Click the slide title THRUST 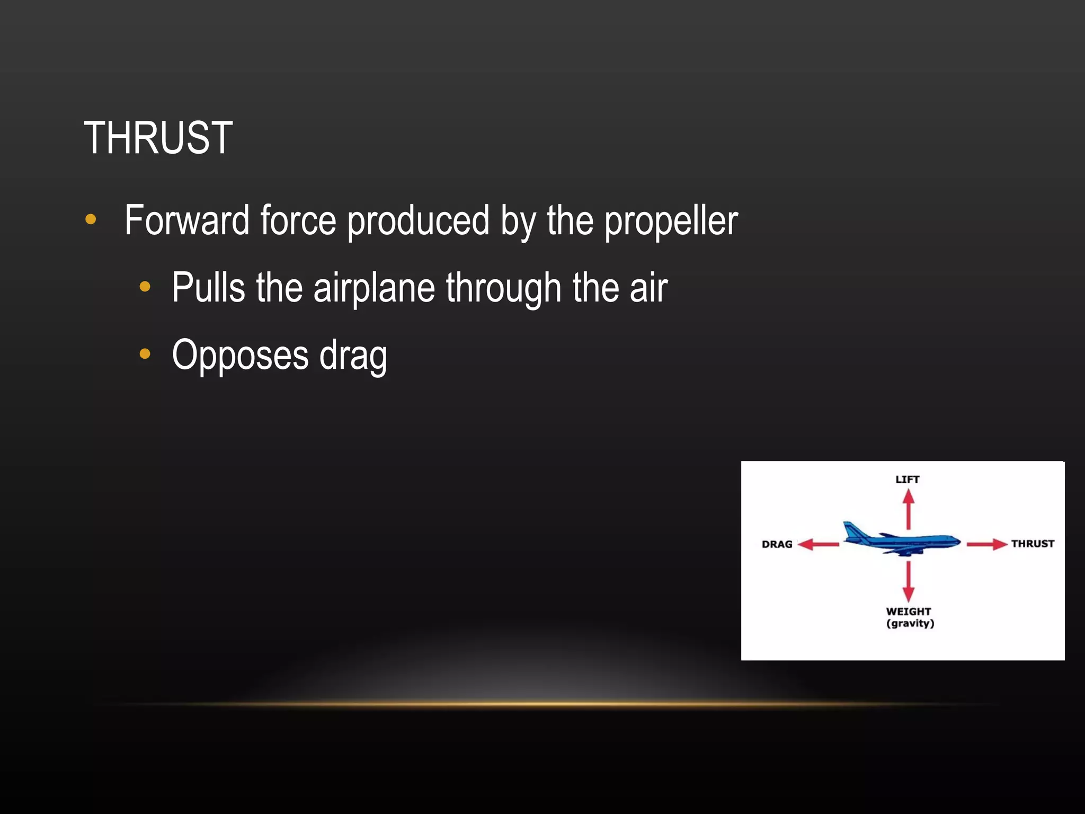click(x=158, y=138)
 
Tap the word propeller click(x=671, y=222)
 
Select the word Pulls click(x=208, y=288)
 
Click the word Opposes click(x=240, y=355)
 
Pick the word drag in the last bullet click(x=353, y=356)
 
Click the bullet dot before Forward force click(x=91, y=219)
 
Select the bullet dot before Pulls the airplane click(x=145, y=287)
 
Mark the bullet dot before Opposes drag click(x=145, y=354)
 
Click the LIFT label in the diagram click(x=908, y=479)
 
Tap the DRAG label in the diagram click(x=777, y=544)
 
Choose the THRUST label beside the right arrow click(x=1032, y=543)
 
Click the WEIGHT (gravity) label click(x=909, y=617)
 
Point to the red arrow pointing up click(x=909, y=509)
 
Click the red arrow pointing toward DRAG click(x=819, y=544)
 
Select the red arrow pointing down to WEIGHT click(x=909, y=581)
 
